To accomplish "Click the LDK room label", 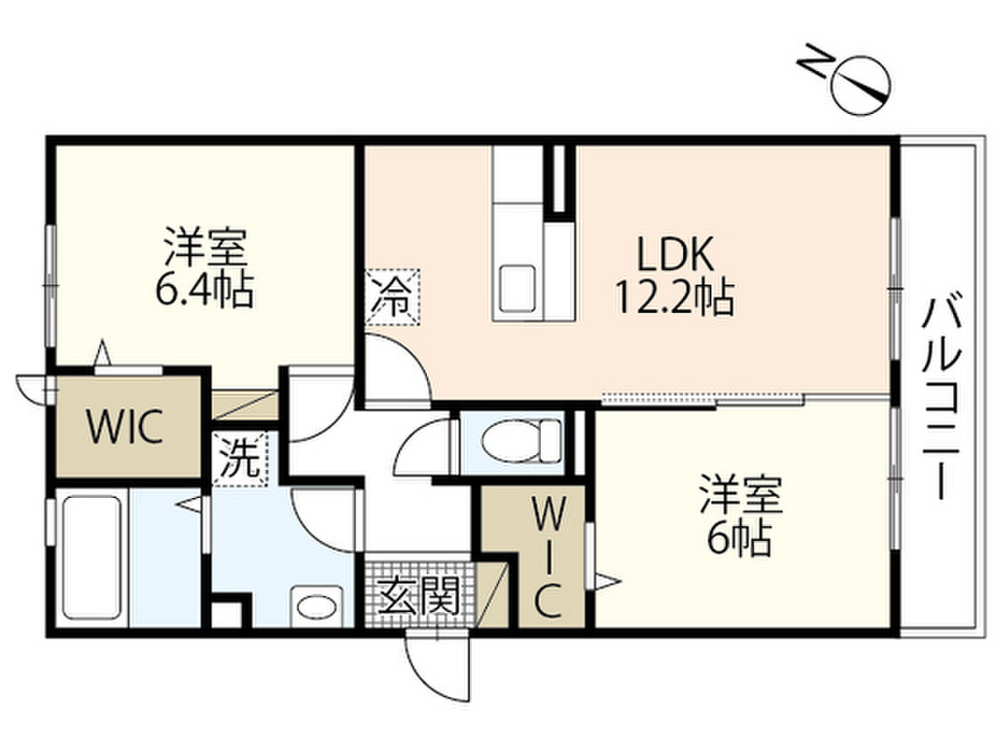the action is (675, 254).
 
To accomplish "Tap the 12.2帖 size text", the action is (674, 297).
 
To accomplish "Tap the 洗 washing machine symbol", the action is (239, 459).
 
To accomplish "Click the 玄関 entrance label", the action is (418, 595).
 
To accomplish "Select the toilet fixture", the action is (521, 441).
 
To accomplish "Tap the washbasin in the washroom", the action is (316, 607).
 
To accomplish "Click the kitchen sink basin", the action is (516, 290).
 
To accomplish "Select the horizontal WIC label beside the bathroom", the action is (125, 427).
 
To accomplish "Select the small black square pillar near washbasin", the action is (227, 611).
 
